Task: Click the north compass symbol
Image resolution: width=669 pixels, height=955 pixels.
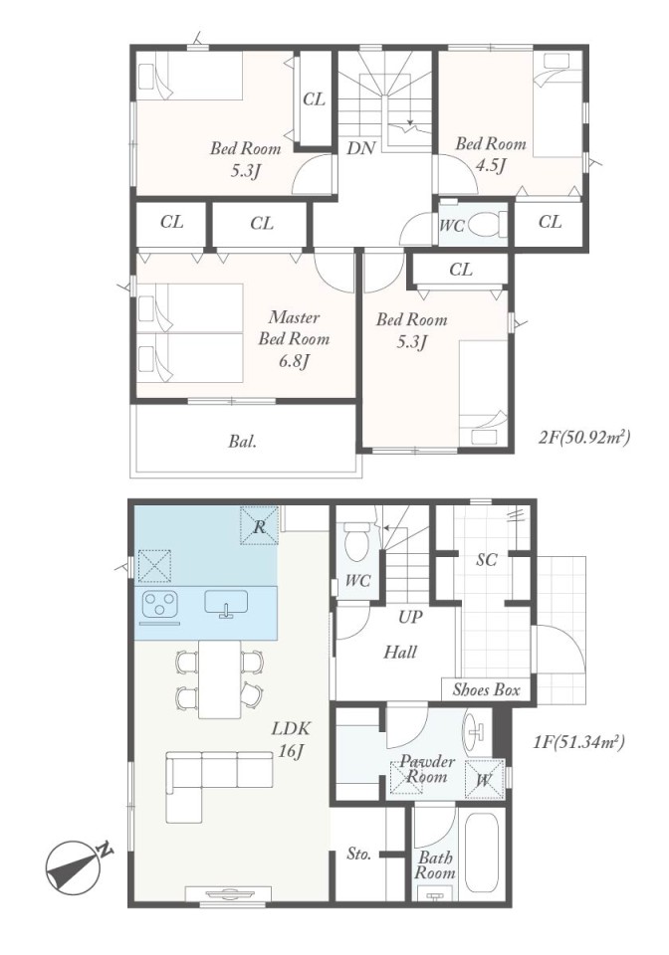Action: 75,865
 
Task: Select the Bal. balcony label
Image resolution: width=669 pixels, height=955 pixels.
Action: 243,442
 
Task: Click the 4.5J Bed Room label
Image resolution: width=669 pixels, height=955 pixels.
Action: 491,154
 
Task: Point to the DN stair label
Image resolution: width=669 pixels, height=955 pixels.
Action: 360,148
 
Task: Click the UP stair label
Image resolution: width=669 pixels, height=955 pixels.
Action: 410,617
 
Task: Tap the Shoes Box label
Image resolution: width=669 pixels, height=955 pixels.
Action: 486,690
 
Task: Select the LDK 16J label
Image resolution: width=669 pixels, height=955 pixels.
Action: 292,739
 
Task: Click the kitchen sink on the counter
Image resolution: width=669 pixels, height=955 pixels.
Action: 227,604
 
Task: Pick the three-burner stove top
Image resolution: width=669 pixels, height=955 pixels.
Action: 160,606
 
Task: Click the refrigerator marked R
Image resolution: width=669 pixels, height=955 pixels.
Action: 260,525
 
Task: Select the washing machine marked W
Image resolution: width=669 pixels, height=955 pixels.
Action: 485,779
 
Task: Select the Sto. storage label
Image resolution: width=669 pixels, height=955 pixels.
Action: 359,854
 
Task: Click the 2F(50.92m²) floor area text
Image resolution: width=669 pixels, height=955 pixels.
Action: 583,438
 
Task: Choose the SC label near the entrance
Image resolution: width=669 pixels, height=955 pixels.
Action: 487,559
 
